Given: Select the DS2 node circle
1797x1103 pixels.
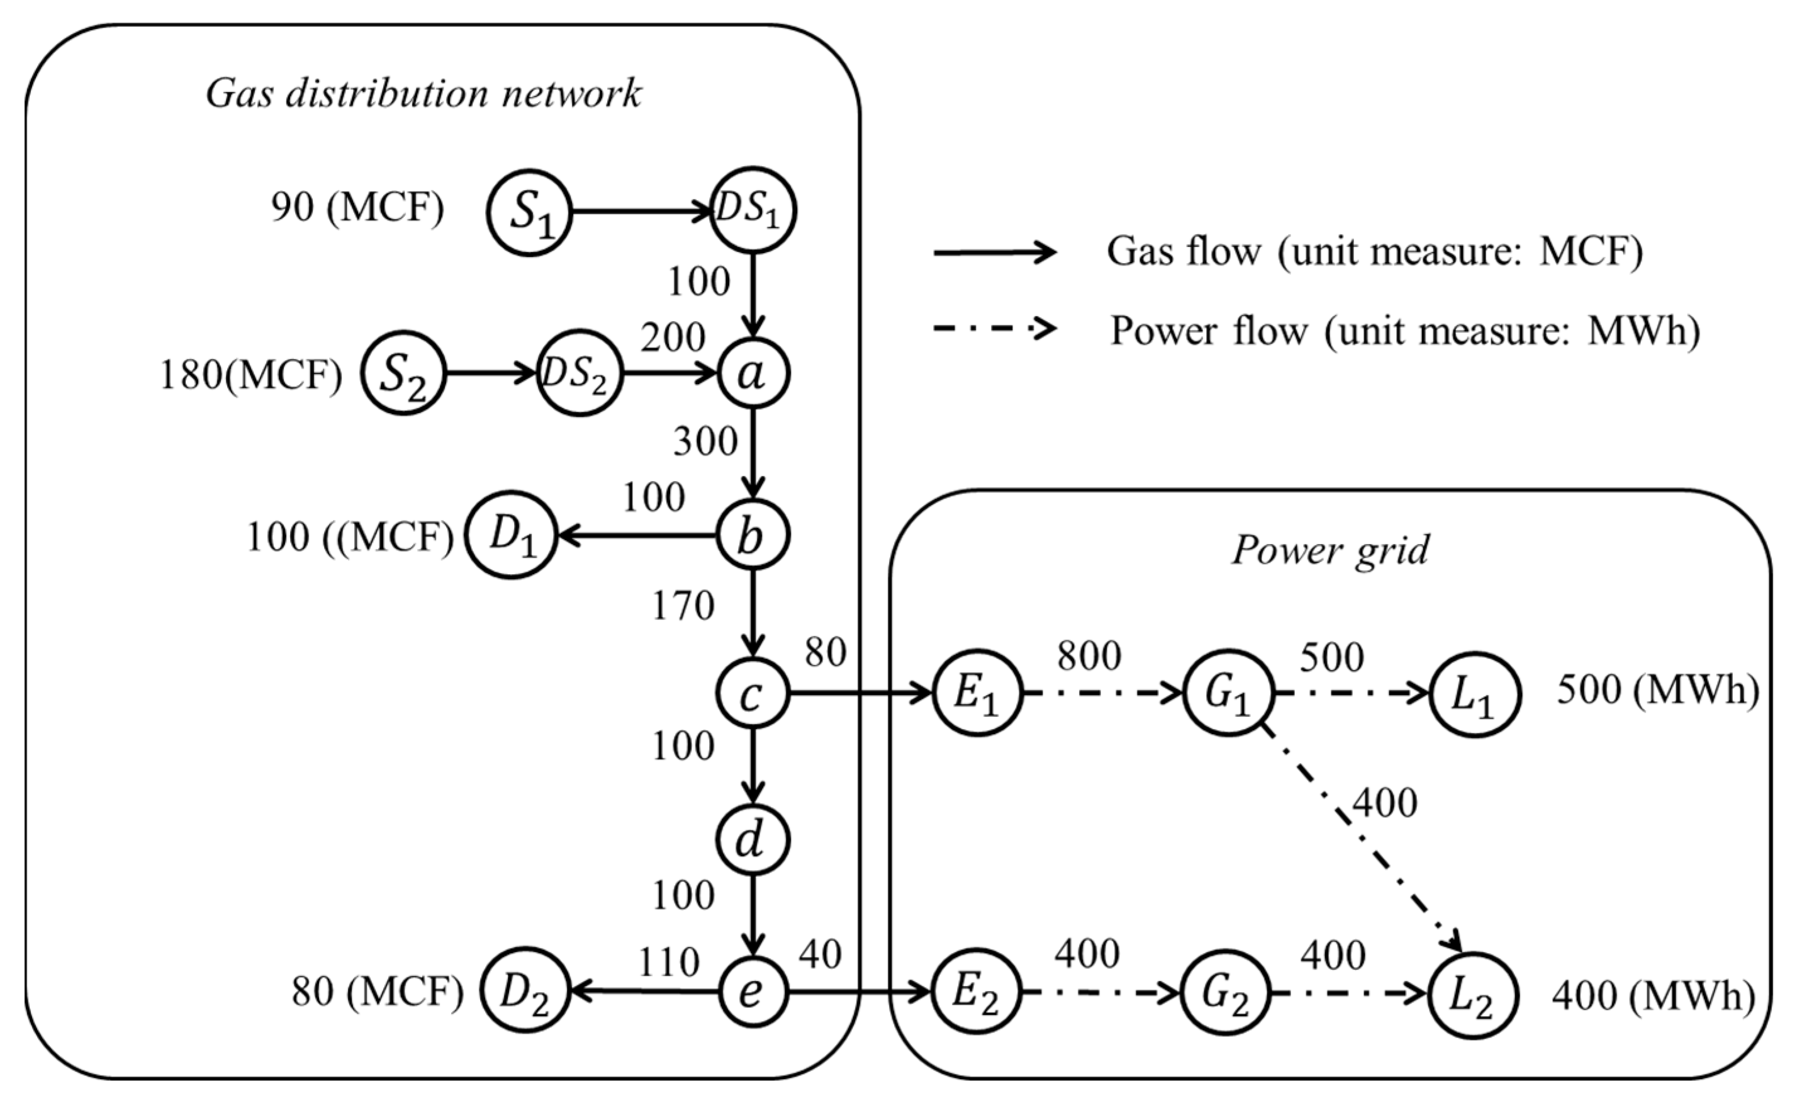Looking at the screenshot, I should coord(579,373).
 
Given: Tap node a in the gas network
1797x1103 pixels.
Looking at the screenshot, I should coord(753,373).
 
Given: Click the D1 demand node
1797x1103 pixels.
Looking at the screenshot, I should coord(512,536).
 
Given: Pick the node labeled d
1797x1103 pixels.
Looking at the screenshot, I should coord(753,840).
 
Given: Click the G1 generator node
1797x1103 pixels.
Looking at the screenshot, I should coord(1228,693).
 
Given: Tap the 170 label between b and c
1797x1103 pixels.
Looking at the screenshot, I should coord(683,606).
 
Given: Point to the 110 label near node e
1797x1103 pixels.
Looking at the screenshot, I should coord(669,962).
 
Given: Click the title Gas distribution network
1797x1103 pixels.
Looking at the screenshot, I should coord(423,93).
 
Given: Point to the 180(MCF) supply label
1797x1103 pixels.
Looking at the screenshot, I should coord(250,376).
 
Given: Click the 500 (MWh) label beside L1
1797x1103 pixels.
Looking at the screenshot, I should coord(1657,689).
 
